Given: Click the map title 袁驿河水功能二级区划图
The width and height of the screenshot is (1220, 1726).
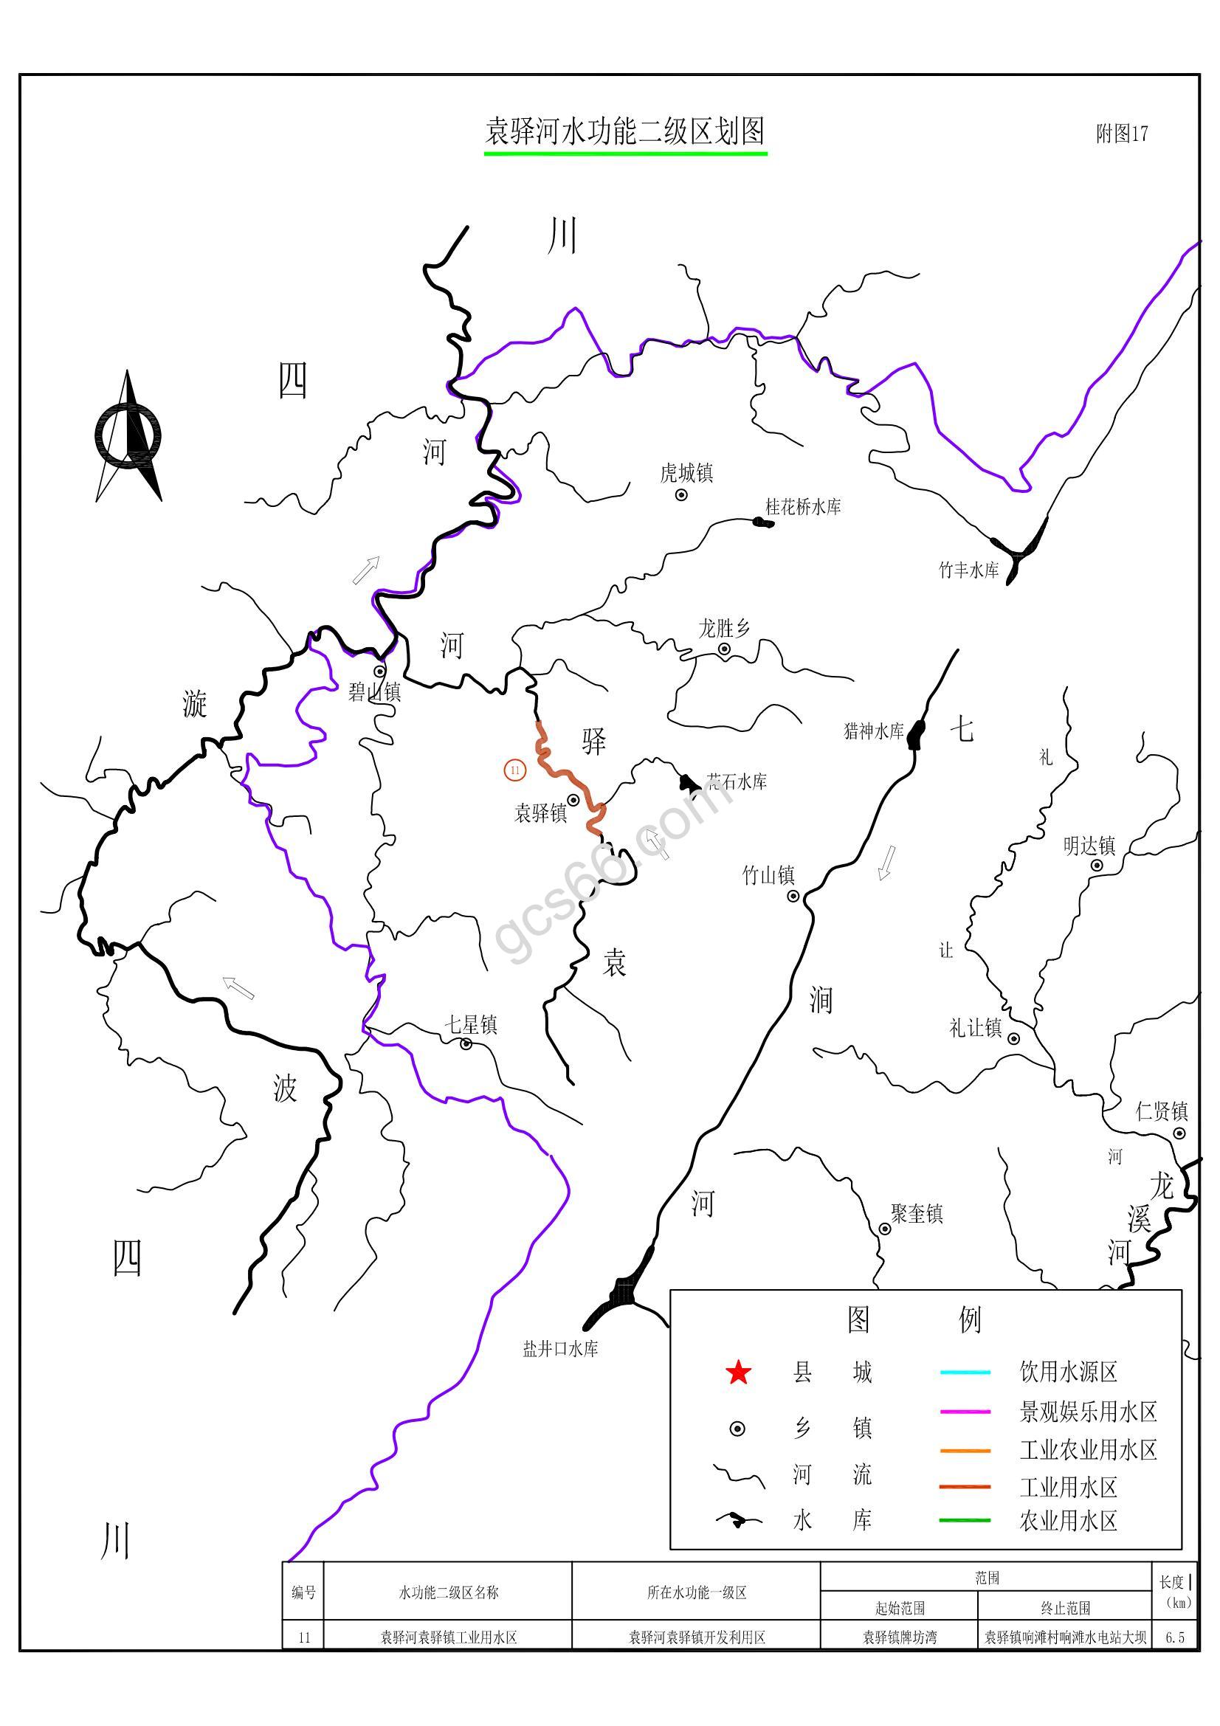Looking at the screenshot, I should pyautogui.click(x=624, y=132).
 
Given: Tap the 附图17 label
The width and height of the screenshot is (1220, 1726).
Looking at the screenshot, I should pyautogui.click(x=1122, y=134).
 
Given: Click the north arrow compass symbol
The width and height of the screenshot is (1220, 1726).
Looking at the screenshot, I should pyautogui.click(x=128, y=435).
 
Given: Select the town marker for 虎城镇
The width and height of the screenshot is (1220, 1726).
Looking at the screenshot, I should pyautogui.click(x=681, y=494).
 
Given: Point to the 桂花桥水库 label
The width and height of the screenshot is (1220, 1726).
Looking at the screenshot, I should pyautogui.click(x=803, y=507).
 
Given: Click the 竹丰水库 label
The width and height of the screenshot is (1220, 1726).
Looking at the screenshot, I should pyautogui.click(x=968, y=570).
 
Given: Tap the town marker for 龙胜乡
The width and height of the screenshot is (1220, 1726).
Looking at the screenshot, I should pyautogui.click(x=724, y=649).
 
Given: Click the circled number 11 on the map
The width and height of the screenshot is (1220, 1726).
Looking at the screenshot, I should pyautogui.click(x=515, y=770).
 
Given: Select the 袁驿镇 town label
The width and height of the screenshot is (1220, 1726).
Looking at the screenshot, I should pyautogui.click(x=540, y=812).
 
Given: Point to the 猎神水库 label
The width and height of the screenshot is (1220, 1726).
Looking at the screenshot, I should pyautogui.click(x=873, y=731).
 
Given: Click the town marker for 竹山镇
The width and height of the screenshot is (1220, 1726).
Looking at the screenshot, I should pyautogui.click(x=792, y=896).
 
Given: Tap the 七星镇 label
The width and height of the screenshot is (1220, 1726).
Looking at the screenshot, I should pyautogui.click(x=471, y=1025).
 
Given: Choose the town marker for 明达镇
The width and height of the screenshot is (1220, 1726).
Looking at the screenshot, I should pyautogui.click(x=1097, y=866).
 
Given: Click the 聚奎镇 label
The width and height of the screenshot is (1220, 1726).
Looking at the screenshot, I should pyautogui.click(x=917, y=1213).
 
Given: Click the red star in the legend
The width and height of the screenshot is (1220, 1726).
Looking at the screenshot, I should pyautogui.click(x=738, y=1373).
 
